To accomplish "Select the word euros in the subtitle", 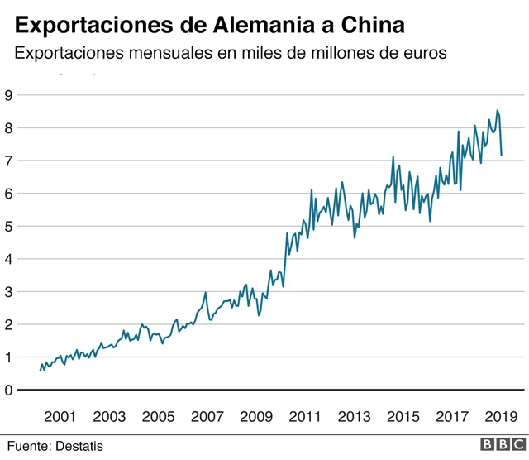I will (423, 54).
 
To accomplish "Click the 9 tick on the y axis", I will (8, 95).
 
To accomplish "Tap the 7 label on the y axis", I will (8, 161).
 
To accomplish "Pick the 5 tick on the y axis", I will (8, 226).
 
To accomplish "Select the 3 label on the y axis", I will (8, 292).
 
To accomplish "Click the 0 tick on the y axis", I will (8, 391).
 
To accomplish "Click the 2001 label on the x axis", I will (60, 416).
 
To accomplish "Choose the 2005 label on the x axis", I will (158, 416).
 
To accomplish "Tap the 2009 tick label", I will (256, 416).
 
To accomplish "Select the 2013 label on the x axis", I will (354, 416).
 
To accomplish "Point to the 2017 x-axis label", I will (452, 416).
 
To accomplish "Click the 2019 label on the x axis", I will (500, 416).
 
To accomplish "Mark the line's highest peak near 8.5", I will (497, 111).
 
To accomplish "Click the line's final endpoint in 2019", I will (502, 155).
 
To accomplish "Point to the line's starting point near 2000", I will (41, 370).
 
